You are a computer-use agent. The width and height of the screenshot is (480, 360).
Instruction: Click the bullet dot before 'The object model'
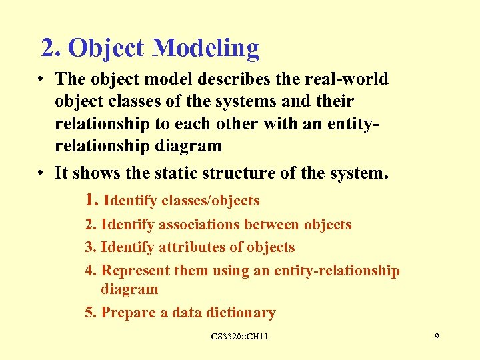point(41,79)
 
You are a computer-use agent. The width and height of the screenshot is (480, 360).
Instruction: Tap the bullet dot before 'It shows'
point(41,174)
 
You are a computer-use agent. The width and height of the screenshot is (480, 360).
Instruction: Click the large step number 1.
point(92,199)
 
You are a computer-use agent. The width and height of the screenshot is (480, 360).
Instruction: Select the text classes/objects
point(211,200)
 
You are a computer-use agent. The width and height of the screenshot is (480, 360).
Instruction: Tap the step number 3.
point(90,247)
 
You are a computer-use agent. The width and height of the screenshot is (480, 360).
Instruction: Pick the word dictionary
point(241,313)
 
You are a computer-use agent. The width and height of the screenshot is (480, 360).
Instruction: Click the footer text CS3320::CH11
point(239,337)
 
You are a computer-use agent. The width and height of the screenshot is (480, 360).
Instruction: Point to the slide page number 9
point(437,337)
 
